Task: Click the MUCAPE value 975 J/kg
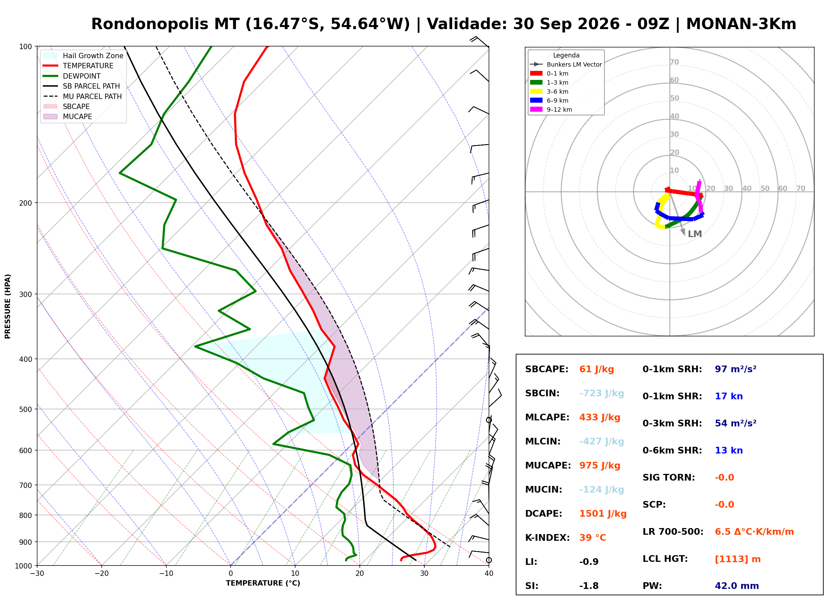pyautogui.click(x=600, y=465)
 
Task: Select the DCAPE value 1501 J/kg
pyautogui.click(x=603, y=513)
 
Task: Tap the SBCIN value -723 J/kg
pyautogui.click(x=601, y=393)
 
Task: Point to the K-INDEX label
pyautogui.click(x=548, y=537)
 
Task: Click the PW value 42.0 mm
pyautogui.click(x=737, y=586)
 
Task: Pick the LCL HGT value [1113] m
pyautogui.click(x=738, y=559)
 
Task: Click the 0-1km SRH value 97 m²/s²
pyautogui.click(x=735, y=369)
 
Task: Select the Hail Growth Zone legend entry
pyautogui.click(x=83, y=56)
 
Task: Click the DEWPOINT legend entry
pyautogui.click(x=72, y=76)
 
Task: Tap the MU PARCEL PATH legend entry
pyautogui.click(x=82, y=96)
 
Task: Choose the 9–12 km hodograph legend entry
pyautogui.click(x=551, y=110)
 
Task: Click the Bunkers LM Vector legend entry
pyautogui.click(x=566, y=65)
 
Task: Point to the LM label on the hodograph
pyautogui.click(x=694, y=234)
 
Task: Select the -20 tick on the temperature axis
pyautogui.click(x=101, y=574)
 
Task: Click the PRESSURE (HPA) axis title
pyautogui.click(x=8, y=306)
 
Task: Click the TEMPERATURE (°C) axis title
pyautogui.click(x=263, y=583)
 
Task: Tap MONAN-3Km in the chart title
pyautogui.click(x=741, y=24)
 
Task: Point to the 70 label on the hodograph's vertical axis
pyautogui.click(x=674, y=62)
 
